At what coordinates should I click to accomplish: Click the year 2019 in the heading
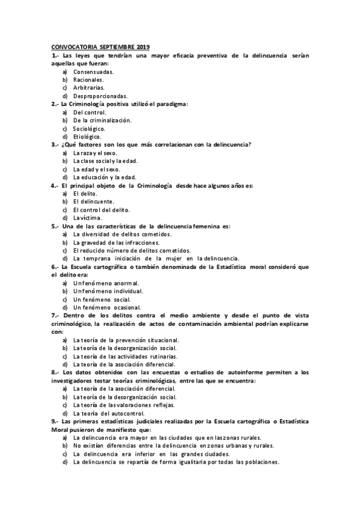142,47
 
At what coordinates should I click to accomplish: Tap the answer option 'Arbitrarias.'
89,87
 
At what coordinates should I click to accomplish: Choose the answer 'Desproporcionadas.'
100,96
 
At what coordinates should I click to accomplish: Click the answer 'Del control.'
90,112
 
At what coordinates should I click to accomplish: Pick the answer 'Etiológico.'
87,137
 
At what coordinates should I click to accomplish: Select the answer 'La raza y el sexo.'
95,153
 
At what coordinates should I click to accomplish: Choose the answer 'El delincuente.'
94,201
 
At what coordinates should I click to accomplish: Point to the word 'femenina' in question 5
214,226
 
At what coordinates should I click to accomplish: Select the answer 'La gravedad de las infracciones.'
116,242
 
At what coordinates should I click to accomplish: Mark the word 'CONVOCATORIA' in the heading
72,47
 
